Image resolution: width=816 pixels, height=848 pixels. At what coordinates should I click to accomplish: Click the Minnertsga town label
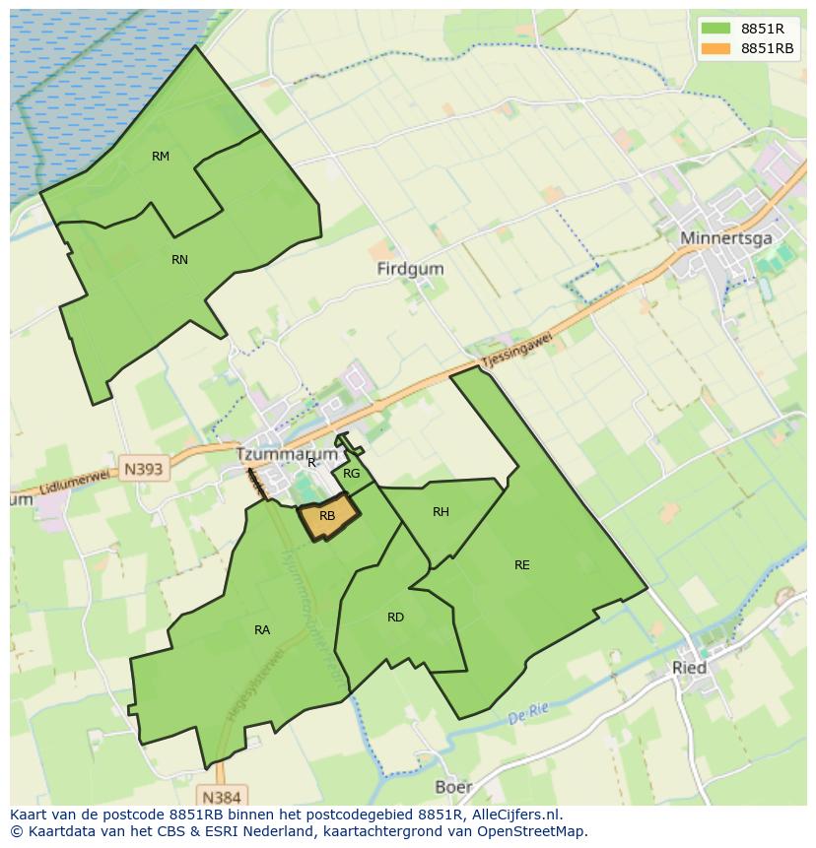tap(726, 238)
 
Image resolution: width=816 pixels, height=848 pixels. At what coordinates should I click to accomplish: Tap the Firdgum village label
tap(410, 269)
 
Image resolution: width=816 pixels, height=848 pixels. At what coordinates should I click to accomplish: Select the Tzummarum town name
tap(287, 455)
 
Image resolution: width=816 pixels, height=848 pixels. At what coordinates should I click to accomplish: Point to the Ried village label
tap(689, 668)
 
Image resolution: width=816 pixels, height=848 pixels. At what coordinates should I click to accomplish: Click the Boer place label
tap(453, 787)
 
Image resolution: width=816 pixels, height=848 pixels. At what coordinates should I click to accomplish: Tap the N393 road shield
tap(144, 469)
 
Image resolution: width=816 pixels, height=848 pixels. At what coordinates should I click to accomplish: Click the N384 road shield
tap(221, 795)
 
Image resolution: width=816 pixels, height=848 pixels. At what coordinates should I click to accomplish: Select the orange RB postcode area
tap(326, 516)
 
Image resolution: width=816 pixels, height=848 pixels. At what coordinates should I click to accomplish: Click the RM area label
tap(161, 157)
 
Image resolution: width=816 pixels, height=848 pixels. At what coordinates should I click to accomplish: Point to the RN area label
tap(179, 260)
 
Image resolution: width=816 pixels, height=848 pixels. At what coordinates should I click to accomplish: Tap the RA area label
tap(262, 630)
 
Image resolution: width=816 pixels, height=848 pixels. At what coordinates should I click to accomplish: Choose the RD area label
tap(395, 618)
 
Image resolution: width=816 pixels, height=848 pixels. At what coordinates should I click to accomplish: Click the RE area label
tap(521, 565)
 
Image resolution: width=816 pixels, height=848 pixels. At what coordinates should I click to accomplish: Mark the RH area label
tap(441, 512)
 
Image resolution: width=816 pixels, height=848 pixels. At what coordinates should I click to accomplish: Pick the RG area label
tap(352, 474)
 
